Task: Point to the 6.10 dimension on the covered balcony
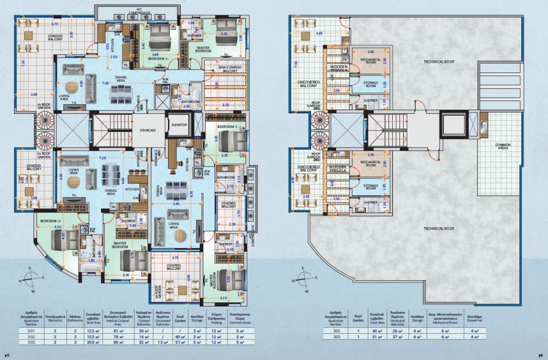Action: [x=55, y=24]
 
